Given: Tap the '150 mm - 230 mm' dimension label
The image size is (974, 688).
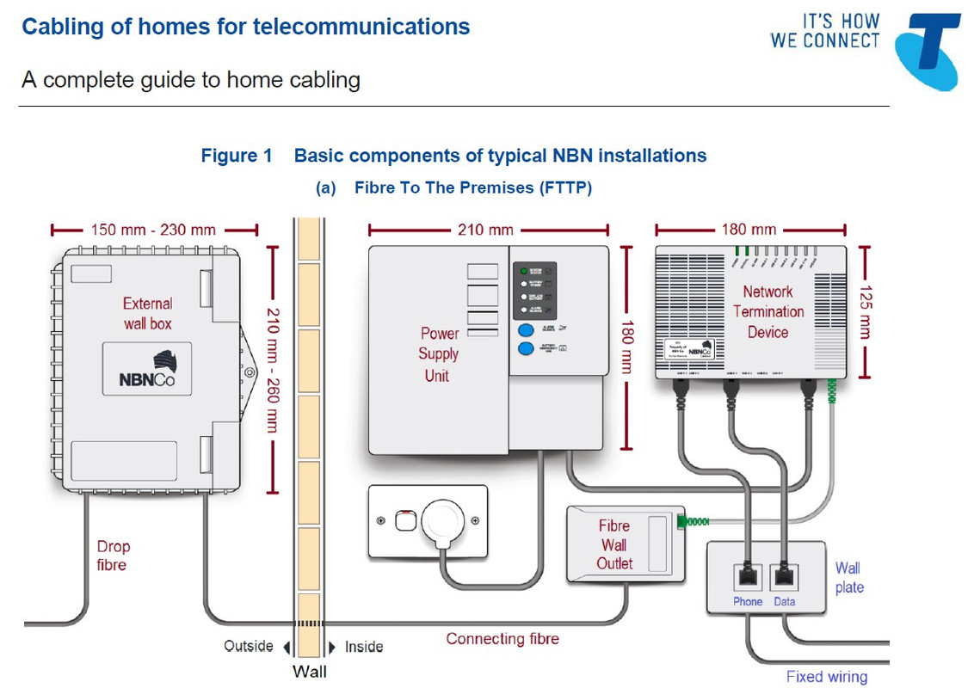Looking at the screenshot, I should click(x=153, y=230).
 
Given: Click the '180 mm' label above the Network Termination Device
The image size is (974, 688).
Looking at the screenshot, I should click(x=748, y=230).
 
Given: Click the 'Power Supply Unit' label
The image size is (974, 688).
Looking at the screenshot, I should click(x=439, y=353).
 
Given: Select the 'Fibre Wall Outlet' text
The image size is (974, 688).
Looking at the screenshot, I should click(x=614, y=544).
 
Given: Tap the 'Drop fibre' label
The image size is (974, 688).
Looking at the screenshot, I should click(x=112, y=556).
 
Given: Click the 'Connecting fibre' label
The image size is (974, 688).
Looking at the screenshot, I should click(x=502, y=639).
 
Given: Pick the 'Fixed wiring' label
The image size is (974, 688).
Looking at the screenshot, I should click(x=826, y=677).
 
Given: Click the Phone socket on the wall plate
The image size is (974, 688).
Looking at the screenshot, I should click(x=748, y=575).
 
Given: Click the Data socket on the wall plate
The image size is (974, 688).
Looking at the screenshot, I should click(x=784, y=575).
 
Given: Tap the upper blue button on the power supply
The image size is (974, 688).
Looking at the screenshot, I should click(x=525, y=329).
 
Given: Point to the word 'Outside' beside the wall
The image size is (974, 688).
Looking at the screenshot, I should click(x=249, y=646).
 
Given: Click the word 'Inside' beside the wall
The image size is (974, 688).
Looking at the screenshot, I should click(x=364, y=647).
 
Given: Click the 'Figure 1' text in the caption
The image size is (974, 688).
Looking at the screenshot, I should click(x=237, y=156).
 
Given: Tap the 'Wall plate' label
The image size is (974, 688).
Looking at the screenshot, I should click(x=849, y=577).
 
